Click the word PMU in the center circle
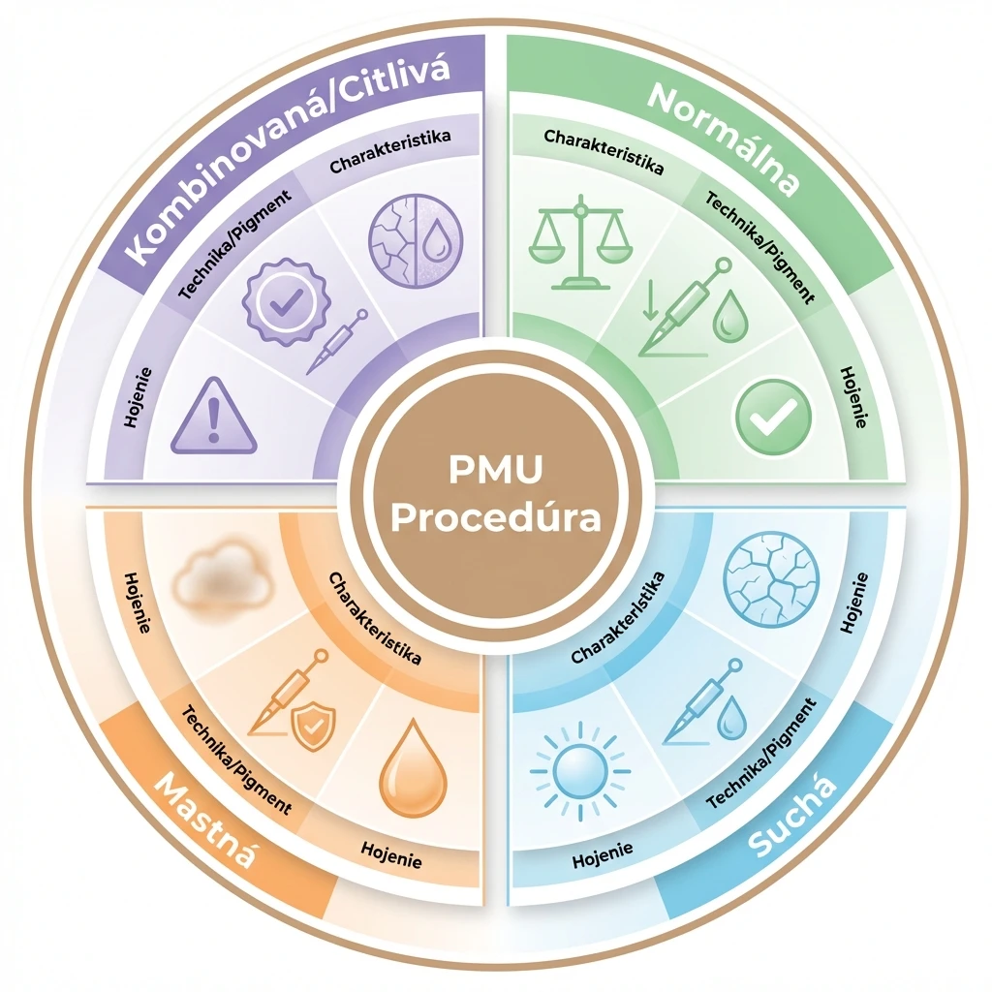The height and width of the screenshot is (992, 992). (x=495, y=470)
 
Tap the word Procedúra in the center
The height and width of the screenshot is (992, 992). (x=495, y=517)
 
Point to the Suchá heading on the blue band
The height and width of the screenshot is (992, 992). (x=792, y=816)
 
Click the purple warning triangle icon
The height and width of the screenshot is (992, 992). (x=214, y=416)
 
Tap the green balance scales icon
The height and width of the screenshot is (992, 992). (x=581, y=242)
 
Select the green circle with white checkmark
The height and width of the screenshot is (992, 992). (x=773, y=417)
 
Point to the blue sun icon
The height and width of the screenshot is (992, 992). (x=580, y=771)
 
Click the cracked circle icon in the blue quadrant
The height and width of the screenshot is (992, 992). (x=771, y=580)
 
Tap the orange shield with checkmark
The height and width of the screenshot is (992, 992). (x=313, y=728)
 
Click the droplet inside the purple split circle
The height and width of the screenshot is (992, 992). (x=435, y=241)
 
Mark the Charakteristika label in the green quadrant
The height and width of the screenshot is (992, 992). (x=604, y=152)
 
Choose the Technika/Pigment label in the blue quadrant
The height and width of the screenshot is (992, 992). (x=761, y=753)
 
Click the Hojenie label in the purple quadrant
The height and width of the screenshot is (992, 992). (x=139, y=397)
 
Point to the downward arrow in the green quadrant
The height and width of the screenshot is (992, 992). (x=650, y=299)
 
